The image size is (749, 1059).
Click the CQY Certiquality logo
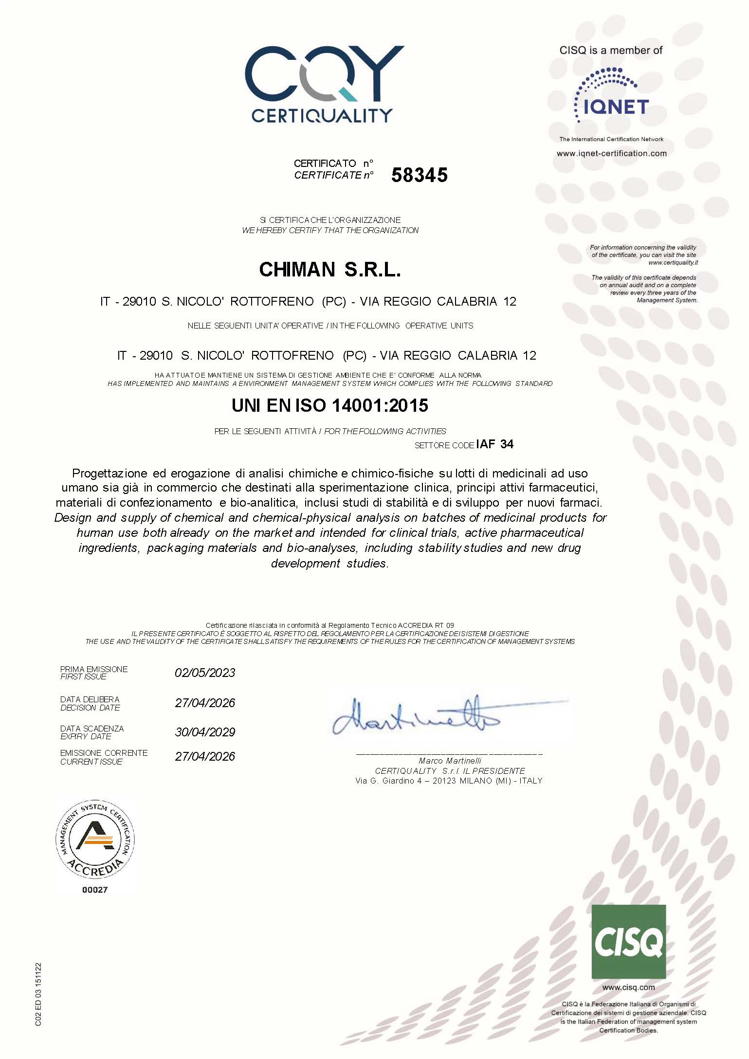point(324,84)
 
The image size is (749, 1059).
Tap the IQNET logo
point(611,95)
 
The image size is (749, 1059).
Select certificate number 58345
point(419,175)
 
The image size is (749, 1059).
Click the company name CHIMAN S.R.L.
point(329,270)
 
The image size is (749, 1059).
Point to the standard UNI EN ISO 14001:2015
point(329,405)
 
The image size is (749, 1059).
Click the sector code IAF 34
point(494,444)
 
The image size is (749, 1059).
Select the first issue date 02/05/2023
point(205,673)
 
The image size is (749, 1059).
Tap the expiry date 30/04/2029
point(205,732)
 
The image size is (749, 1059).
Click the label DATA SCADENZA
point(92,729)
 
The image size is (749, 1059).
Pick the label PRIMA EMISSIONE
point(94,669)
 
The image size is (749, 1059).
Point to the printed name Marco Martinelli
point(450,761)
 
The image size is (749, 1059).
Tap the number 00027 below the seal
point(95,890)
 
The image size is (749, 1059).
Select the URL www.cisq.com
point(628,987)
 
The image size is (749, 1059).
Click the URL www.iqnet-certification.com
point(611,153)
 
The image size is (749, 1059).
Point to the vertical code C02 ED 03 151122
point(38,995)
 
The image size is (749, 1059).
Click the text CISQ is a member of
point(611,50)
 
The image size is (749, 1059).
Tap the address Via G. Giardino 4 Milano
point(449,781)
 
